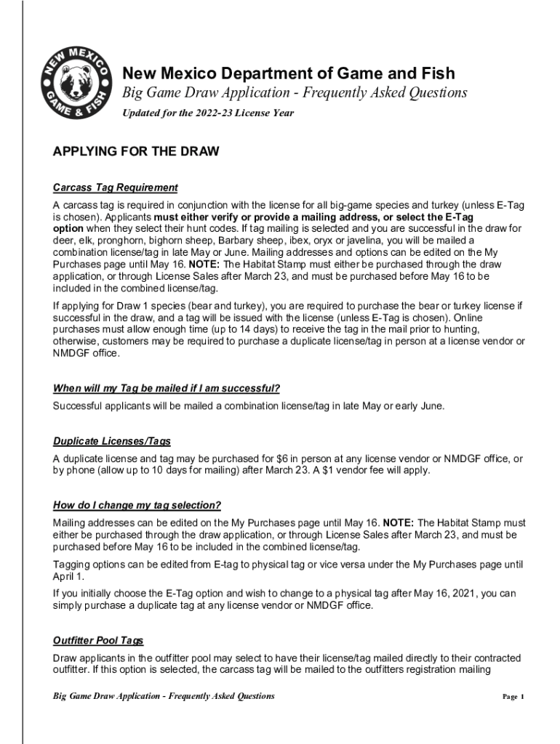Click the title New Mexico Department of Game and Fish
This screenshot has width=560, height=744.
(288, 73)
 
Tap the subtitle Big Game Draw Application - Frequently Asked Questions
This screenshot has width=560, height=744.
(294, 93)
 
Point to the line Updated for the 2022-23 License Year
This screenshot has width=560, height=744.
(207, 113)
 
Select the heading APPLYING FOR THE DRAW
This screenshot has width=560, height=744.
(136, 152)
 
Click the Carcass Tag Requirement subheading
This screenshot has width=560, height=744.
(116, 187)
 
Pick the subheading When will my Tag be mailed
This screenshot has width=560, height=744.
(167, 388)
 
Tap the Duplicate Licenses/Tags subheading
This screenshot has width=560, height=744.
(112, 441)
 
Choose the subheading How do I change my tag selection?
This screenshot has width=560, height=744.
(137, 505)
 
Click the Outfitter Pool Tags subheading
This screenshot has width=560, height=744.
(98, 640)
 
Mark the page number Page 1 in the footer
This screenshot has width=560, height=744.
(513, 697)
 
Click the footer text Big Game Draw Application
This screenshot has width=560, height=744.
(164, 696)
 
